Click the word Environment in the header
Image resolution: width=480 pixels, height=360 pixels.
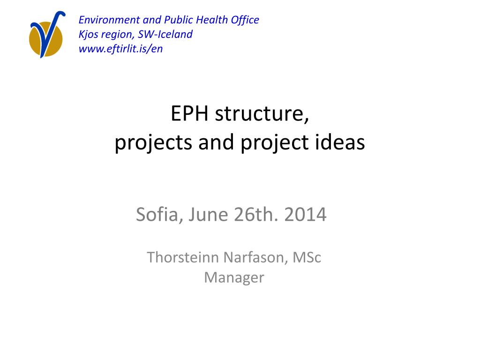point(109,20)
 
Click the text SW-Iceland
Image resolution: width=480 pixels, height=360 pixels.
point(165,34)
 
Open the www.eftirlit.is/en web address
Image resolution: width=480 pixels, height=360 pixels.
point(120,49)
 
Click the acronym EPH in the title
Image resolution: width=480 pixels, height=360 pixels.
point(189,113)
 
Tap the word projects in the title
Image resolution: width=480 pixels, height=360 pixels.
point(153,143)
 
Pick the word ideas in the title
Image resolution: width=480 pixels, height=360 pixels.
point(340,142)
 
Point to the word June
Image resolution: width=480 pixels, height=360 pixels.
point(208,215)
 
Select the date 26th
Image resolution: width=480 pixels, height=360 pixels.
point(256,215)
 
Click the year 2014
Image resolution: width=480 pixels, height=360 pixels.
point(305,215)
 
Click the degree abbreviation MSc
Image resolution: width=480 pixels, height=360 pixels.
point(307,257)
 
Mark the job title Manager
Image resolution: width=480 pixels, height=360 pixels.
point(234,278)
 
